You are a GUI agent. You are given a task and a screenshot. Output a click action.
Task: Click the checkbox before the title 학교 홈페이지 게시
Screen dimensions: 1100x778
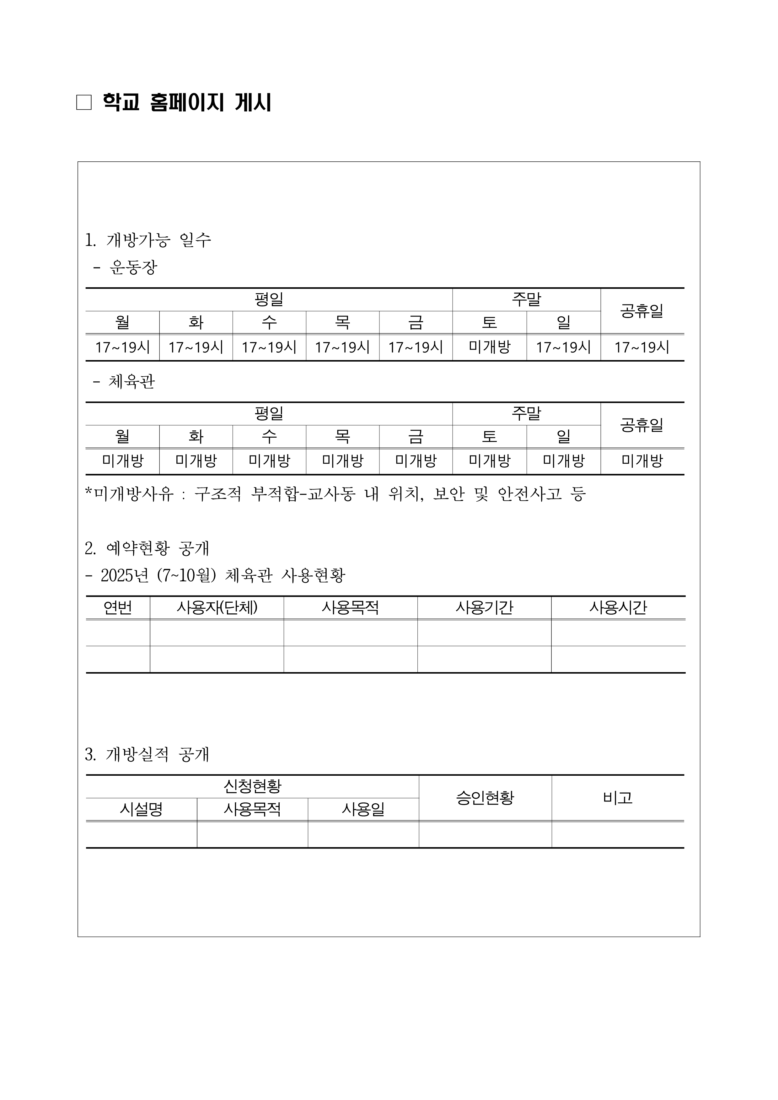[x=84, y=103]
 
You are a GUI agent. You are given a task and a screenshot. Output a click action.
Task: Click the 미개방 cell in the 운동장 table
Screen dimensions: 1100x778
[x=489, y=347]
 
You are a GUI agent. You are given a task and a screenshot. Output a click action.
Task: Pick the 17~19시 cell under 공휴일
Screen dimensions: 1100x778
[x=641, y=347]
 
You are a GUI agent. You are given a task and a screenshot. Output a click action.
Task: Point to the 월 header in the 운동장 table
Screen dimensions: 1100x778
[x=123, y=322]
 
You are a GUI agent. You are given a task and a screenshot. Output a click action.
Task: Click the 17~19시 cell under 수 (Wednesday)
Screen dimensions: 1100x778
[x=269, y=347]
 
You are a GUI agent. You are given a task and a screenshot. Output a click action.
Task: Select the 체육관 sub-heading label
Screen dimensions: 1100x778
[x=132, y=381]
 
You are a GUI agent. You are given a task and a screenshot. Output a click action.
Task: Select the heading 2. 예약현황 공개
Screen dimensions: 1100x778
[x=147, y=548]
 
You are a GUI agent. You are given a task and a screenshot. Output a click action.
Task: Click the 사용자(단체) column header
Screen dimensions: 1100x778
[x=217, y=607]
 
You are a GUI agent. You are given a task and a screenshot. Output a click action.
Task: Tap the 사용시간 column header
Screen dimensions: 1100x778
[x=618, y=607]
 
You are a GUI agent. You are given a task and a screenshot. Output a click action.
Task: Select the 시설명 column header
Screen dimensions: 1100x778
[x=141, y=810]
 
